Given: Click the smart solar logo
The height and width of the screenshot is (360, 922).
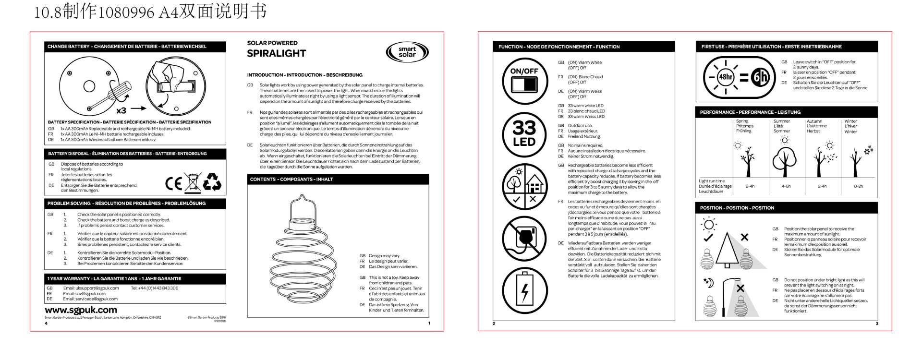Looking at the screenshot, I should pyautogui.click(x=407, y=52).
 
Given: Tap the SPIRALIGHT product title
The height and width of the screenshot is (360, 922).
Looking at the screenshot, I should pyautogui.click(x=276, y=53).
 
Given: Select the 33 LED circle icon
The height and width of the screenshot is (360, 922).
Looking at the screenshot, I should pyautogui.click(x=524, y=134).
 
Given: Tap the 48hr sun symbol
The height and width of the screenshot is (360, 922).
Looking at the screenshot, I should pyautogui.click(x=725, y=77).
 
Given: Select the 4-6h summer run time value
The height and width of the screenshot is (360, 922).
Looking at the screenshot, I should pyautogui.click(x=786, y=186).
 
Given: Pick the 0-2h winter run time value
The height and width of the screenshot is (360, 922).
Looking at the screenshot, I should pyautogui.click(x=858, y=186).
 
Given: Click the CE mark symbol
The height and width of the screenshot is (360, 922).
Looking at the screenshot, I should pyautogui.click(x=173, y=183).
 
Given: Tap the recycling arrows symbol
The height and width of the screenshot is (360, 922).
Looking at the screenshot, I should pyautogui.click(x=212, y=182).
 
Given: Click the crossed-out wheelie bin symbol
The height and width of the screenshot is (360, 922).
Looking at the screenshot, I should pyautogui.click(x=193, y=183).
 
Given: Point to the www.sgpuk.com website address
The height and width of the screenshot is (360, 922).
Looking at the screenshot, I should pyautogui.click(x=81, y=310).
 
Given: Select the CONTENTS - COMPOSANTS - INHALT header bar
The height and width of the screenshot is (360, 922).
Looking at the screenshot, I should pyautogui.click(x=338, y=180).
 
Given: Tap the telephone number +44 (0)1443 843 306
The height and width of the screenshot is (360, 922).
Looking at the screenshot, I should pyautogui.click(x=154, y=288).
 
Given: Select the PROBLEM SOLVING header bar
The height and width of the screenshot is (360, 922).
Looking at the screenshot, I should pyautogui.click(x=135, y=204).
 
